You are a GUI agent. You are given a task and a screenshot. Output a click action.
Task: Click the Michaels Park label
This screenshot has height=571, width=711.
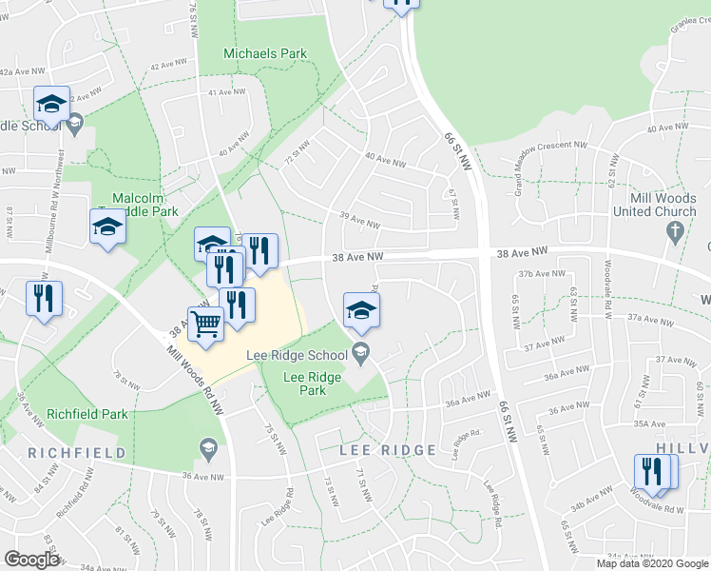(265, 53)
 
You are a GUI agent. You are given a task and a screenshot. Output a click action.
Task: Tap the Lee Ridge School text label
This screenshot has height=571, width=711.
(297, 355)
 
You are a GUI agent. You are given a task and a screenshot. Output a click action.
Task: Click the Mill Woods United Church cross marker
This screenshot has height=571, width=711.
(676, 230)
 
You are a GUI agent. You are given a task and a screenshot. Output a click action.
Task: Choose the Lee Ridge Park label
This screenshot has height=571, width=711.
(312, 384)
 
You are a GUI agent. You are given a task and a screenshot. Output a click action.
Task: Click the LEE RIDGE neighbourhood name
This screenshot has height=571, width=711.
(388, 449)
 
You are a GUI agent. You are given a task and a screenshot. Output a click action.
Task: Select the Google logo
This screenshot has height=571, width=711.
(32, 559)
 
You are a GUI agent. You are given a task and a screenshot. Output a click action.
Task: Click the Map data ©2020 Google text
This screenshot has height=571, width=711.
(651, 563)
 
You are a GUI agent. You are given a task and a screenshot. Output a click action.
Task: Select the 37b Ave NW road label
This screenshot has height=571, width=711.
(536, 274)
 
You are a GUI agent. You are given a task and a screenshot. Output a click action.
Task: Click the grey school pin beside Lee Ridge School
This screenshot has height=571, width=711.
(360, 355)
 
